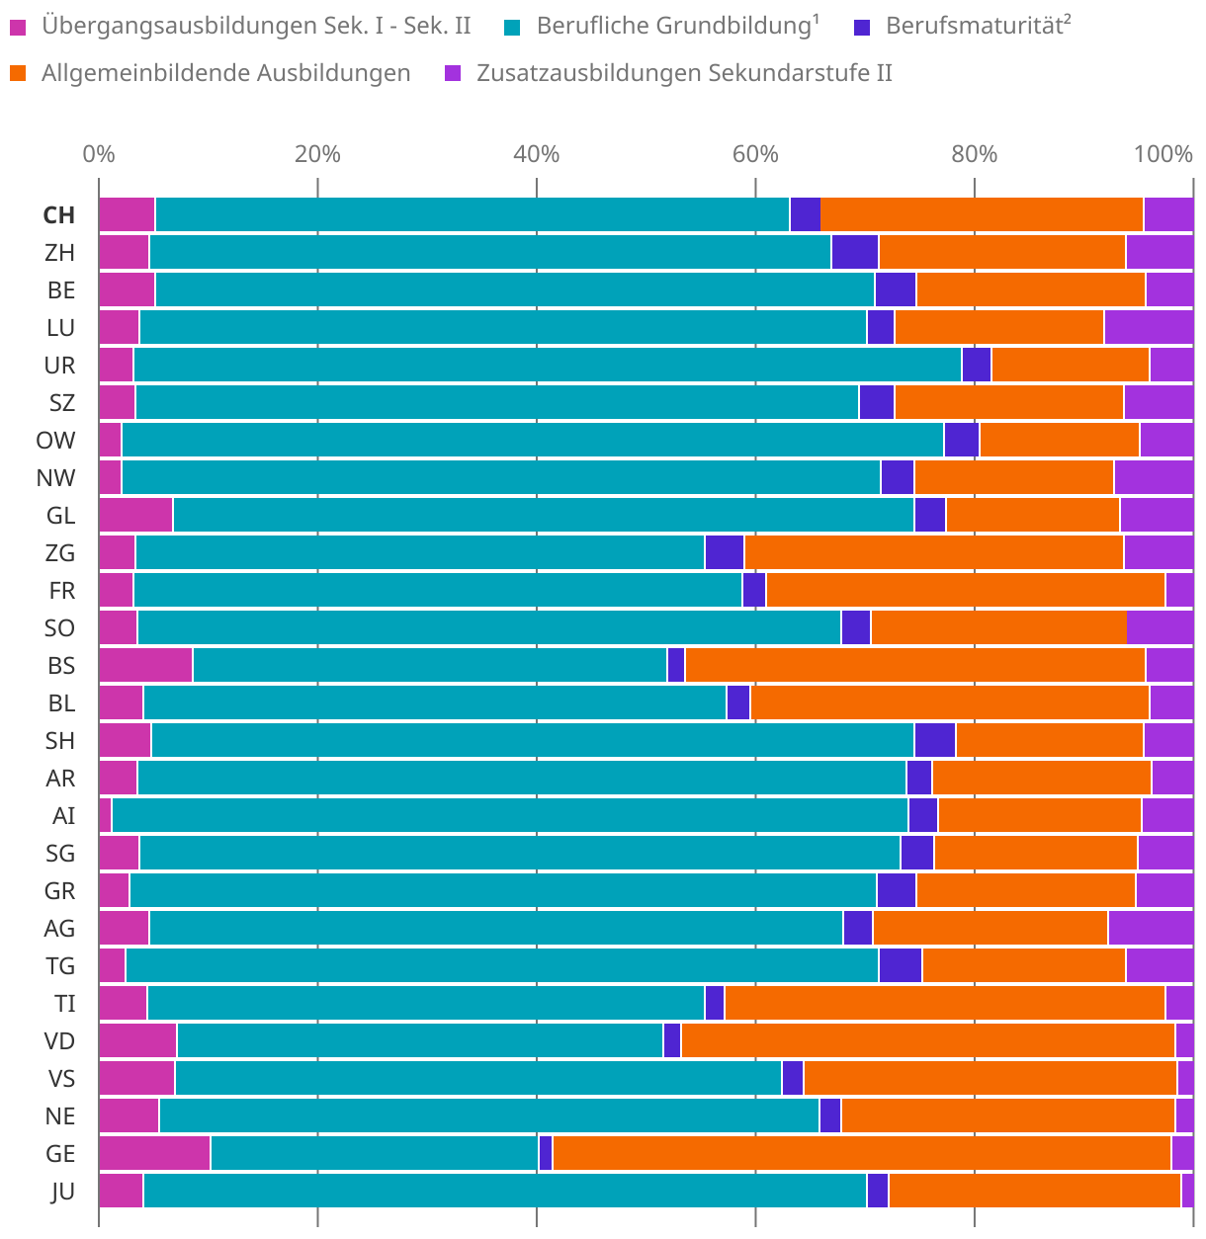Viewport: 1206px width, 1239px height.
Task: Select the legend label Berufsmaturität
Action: coord(978,26)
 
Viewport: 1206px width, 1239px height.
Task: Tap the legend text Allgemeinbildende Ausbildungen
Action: coord(225,72)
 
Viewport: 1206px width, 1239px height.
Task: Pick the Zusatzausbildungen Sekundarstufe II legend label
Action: coord(684,72)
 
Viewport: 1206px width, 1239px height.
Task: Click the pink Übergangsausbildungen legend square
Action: coord(18,27)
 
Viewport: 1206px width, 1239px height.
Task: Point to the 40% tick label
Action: coord(536,154)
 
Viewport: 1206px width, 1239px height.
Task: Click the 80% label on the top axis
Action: coord(974,154)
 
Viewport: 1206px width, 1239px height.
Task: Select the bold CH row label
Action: coord(59,215)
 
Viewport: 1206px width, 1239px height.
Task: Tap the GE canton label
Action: coord(60,1154)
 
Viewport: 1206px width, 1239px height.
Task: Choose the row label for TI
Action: coord(65,1004)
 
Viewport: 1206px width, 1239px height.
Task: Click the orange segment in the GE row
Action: coord(861,1154)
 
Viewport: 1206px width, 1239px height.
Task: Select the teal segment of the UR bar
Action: coord(547,366)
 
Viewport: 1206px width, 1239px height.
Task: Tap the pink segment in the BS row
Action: coord(145,666)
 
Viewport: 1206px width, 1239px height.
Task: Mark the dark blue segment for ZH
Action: coord(855,253)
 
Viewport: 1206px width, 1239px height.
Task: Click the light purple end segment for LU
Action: coord(1149,328)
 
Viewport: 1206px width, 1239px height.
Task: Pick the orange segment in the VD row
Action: coord(927,1041)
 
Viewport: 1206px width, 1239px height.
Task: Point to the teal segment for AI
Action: coord(509,816)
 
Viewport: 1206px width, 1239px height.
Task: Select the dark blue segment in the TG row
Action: coord(900,966)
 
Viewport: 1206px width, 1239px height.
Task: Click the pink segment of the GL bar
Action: coord(135,516)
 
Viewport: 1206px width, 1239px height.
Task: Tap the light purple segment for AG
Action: coord(1151,929)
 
